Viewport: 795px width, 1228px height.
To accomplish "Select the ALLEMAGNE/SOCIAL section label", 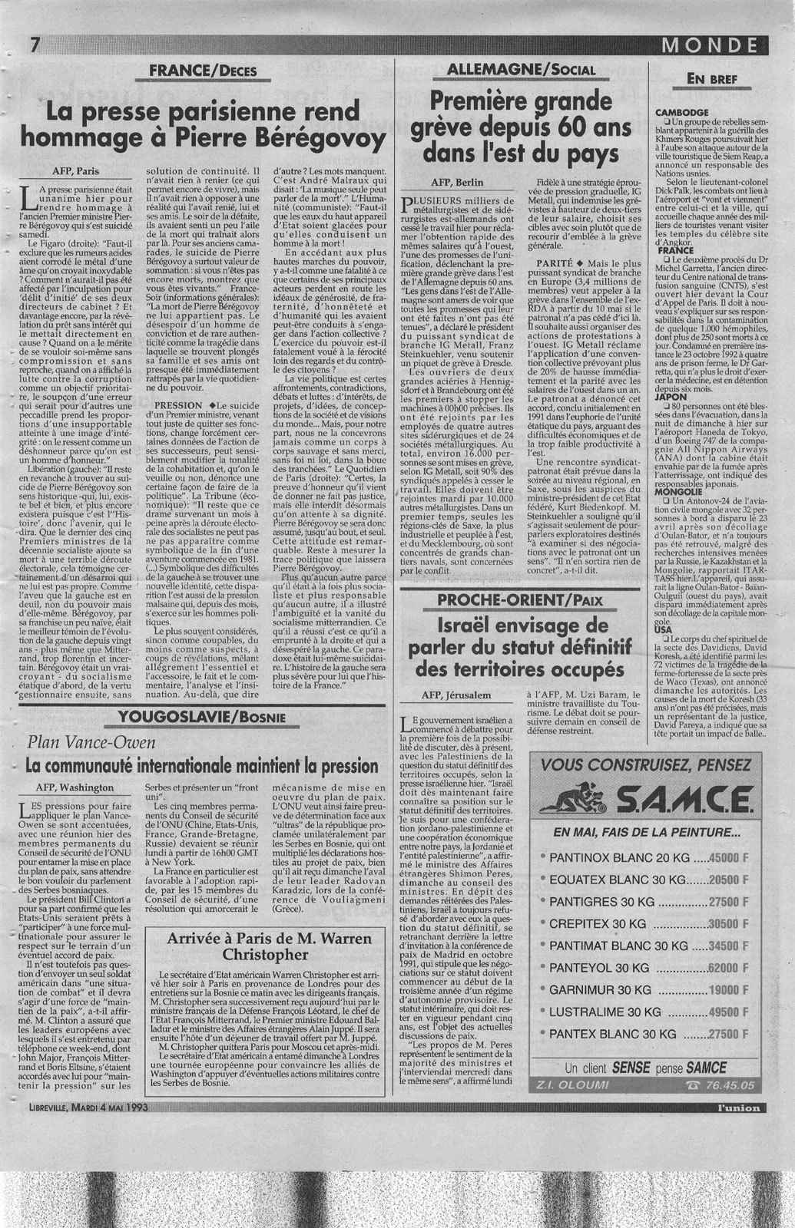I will coord(526,70).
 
